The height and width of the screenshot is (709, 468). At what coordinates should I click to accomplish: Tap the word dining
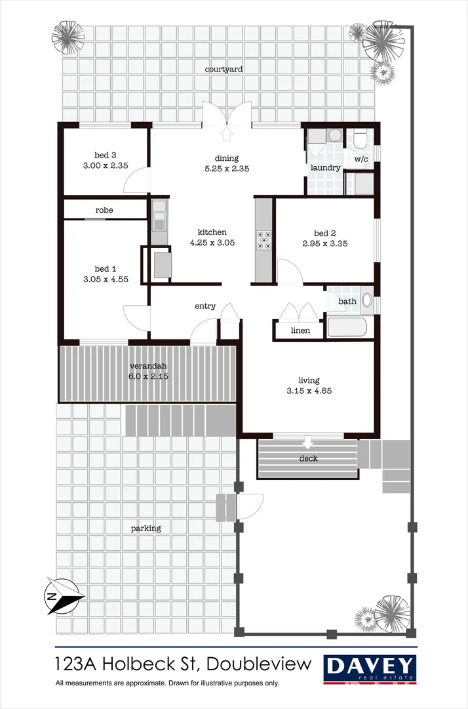tap(227, 158)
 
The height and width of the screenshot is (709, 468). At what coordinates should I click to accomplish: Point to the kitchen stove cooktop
tap(264, 240)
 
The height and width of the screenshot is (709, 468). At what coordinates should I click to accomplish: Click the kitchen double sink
tap(159, 216)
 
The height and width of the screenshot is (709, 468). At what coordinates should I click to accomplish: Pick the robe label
tap(104, 210)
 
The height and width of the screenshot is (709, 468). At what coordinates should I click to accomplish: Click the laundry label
tap(325, 168)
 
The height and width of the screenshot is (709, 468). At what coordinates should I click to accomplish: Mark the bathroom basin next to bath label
tap(366, 301)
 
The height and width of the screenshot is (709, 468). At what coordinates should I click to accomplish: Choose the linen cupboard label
tap(300, 330)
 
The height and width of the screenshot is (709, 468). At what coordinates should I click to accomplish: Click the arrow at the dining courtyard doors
tap(227, 135)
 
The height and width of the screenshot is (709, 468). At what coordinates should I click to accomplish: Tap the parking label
tap(146, 528)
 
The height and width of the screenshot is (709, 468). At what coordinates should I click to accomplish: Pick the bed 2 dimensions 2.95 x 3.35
tap(324, 243)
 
